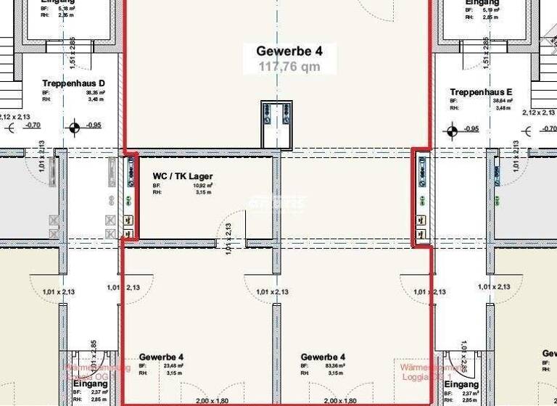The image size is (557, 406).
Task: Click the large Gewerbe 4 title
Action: (x=289, y=51)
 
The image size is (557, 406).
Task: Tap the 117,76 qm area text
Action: (x=289, y=67)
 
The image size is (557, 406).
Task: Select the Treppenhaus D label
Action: (x=73, y=83)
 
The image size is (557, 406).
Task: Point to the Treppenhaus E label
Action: (x=481, y=92)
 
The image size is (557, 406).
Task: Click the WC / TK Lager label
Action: (x=182, y=176)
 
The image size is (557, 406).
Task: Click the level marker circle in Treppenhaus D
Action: (x=74, y=129)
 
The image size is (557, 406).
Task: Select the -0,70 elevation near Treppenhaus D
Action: (x=32, y=125)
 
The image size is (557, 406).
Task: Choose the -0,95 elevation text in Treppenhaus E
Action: (x=471, y=129)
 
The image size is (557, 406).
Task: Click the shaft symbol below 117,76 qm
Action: (x=276, y=124)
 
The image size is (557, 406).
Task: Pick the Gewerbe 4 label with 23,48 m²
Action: (x=161, y=357)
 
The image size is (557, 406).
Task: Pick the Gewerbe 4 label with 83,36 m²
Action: (x=323, y=357)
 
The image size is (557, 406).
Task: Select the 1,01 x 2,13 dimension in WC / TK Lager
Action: (x=228, y=237)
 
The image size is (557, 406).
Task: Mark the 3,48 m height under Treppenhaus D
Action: (x=94, y=99)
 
